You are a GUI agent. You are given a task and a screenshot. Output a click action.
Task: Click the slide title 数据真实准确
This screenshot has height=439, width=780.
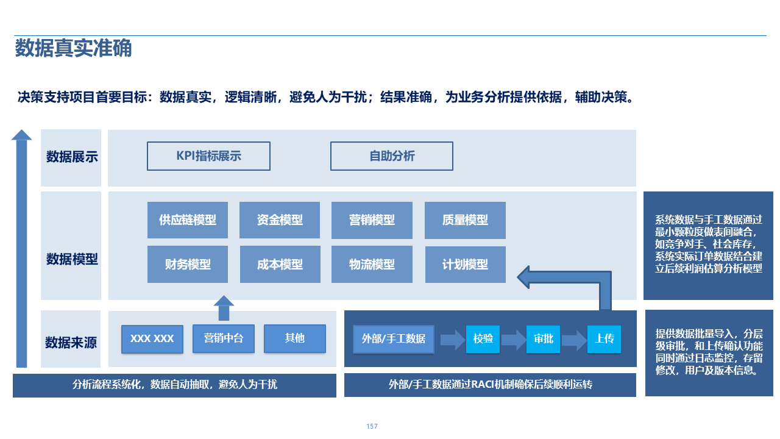tap(74, 48)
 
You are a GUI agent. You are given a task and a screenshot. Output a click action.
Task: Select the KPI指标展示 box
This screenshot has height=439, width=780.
tap(208, 156)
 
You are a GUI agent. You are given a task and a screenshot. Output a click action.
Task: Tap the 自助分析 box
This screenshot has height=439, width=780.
tap(392, 156)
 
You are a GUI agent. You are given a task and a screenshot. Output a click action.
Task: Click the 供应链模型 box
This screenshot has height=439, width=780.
tap(188, 220)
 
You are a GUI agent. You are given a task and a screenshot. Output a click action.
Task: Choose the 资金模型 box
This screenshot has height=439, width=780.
tap(280, 220)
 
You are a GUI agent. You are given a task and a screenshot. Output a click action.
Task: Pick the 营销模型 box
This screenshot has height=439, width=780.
tap(372, 220)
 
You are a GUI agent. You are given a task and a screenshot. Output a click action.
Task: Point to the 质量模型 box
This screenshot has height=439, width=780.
tap(465, 220)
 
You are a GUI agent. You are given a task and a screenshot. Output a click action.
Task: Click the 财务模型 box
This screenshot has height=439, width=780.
tap(188, 265)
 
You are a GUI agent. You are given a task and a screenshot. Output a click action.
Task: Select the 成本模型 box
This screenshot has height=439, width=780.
tap(280, 265)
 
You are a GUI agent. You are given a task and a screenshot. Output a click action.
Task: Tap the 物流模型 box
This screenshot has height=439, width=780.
tap(372, 265)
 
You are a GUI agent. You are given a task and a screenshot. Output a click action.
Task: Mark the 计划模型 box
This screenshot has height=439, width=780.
tap(465, 265)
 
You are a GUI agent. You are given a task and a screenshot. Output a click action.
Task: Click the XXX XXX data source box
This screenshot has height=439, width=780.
tap(152, 339)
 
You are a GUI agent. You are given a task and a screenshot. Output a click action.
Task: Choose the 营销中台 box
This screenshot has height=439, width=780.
tap(224, 338)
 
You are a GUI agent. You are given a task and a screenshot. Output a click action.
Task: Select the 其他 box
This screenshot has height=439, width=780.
tap(295, 338)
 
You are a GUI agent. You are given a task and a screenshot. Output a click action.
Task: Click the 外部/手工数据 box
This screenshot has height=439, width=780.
tap(394, 338)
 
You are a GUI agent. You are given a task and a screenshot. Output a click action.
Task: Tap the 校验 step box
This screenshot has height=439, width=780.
tap(483, 338)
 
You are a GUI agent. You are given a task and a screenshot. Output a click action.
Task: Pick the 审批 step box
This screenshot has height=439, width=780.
tap(544, 338)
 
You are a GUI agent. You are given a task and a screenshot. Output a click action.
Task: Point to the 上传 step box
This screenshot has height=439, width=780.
tap(604, 338)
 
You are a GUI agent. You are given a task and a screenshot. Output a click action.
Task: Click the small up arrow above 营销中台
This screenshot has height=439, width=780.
tap(224, 308)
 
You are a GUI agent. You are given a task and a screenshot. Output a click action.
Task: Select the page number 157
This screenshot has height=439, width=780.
tap(372, 426)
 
